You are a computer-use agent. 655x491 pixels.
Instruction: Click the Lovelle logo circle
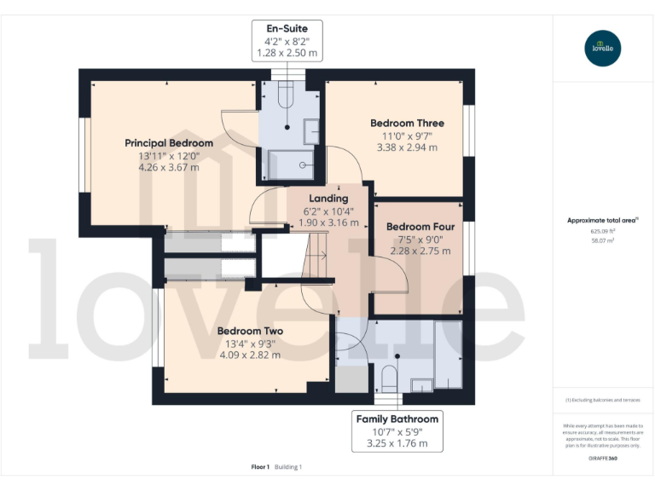point(603,48)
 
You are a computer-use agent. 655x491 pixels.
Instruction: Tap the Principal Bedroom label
point(169,143)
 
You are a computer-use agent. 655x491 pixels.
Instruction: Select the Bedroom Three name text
point(407,124)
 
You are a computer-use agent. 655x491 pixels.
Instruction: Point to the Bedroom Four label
point(420,227)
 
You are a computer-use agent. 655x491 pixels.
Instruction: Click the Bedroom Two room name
point(250,331)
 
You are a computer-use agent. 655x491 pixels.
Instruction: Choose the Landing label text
point(327,199)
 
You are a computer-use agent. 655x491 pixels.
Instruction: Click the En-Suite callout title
point(287,29)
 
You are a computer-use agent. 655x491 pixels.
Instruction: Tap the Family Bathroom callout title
point(397,419)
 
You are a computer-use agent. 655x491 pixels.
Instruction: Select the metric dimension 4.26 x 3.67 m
point(169,168)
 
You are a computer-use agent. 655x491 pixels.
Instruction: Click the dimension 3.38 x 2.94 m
point(407,147)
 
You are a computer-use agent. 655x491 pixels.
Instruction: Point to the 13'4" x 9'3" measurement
point(250,344)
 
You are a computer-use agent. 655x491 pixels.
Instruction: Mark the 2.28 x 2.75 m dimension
point(420,251)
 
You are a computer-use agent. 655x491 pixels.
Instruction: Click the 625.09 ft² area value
point(603,231)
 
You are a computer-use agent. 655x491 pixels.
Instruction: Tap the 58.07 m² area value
point(603,241)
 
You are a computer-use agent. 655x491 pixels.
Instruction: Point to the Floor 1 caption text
point(260,466)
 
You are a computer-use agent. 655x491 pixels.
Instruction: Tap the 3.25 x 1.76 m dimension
point(397,443)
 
